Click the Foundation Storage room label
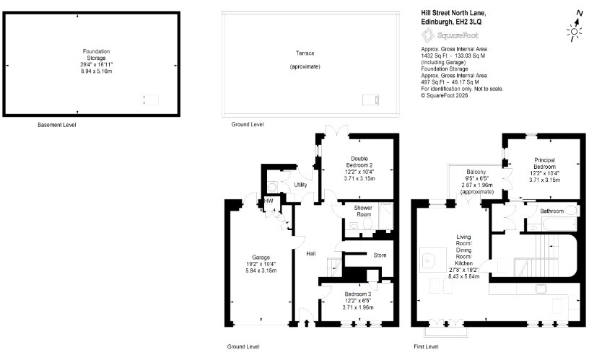(x=96, y=54)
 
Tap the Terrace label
(x=305, y=53)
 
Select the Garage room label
(x=261, y=257)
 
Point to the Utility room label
(x=300, y=184)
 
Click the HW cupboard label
(x=269, y=201)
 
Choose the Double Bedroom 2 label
(x=359, y=162)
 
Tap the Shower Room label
(x=363, y=211)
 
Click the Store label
(x=380, y=255)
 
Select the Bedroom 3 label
(x=357, y=294)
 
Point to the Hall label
(x=310, y=253)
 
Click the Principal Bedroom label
(x=544, y=163)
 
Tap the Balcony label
(x=476, y=172)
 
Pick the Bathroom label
(x=551, y=211)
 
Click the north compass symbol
(x=575, y=25)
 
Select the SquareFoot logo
(x=450, y=35)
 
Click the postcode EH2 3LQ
(x=468, y=22)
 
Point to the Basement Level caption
(x=57, y=125)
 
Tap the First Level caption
(x=426, y=346)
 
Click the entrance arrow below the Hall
(x=307, y=322)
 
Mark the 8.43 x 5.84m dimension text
(x=463, y=276)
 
